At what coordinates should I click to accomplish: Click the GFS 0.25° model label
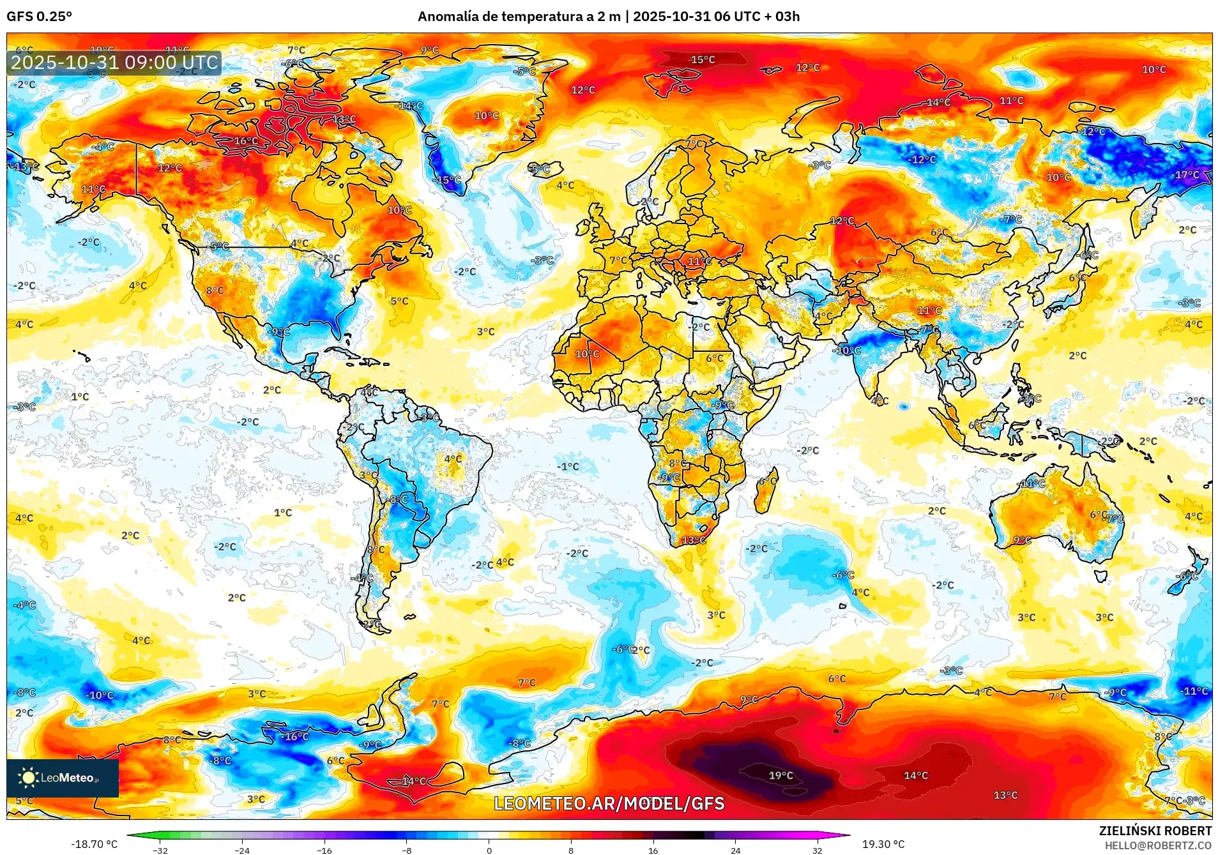click(x=39, y=17)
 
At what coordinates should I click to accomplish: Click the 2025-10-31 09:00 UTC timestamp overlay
click(x=114, y=63)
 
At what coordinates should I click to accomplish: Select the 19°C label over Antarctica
click(x=780, y=776)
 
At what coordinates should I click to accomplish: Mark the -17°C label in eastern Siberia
click(x=1185, y=175)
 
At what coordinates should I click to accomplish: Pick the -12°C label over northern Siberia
click(x=922, y=160)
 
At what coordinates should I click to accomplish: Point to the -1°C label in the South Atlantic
click(x=567, y=467)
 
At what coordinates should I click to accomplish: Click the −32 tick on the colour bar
click(x=160, y=850)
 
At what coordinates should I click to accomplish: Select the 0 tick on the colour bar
click(x=489, y=850)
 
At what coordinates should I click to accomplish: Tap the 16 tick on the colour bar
click(x=653, y=850)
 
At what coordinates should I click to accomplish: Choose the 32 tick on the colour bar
click(x=817, y=850)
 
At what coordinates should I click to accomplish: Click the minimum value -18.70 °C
click(x=94, y=844)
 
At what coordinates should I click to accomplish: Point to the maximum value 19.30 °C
click(x=883, y=844)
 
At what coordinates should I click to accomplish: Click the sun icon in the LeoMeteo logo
click(x=28, y=777)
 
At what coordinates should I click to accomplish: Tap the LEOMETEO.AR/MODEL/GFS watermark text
click(x=609, y=803)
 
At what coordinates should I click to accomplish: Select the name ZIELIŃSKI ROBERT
click(x=1155, y=831)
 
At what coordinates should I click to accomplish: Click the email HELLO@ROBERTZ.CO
click(x=1158, y=845)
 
